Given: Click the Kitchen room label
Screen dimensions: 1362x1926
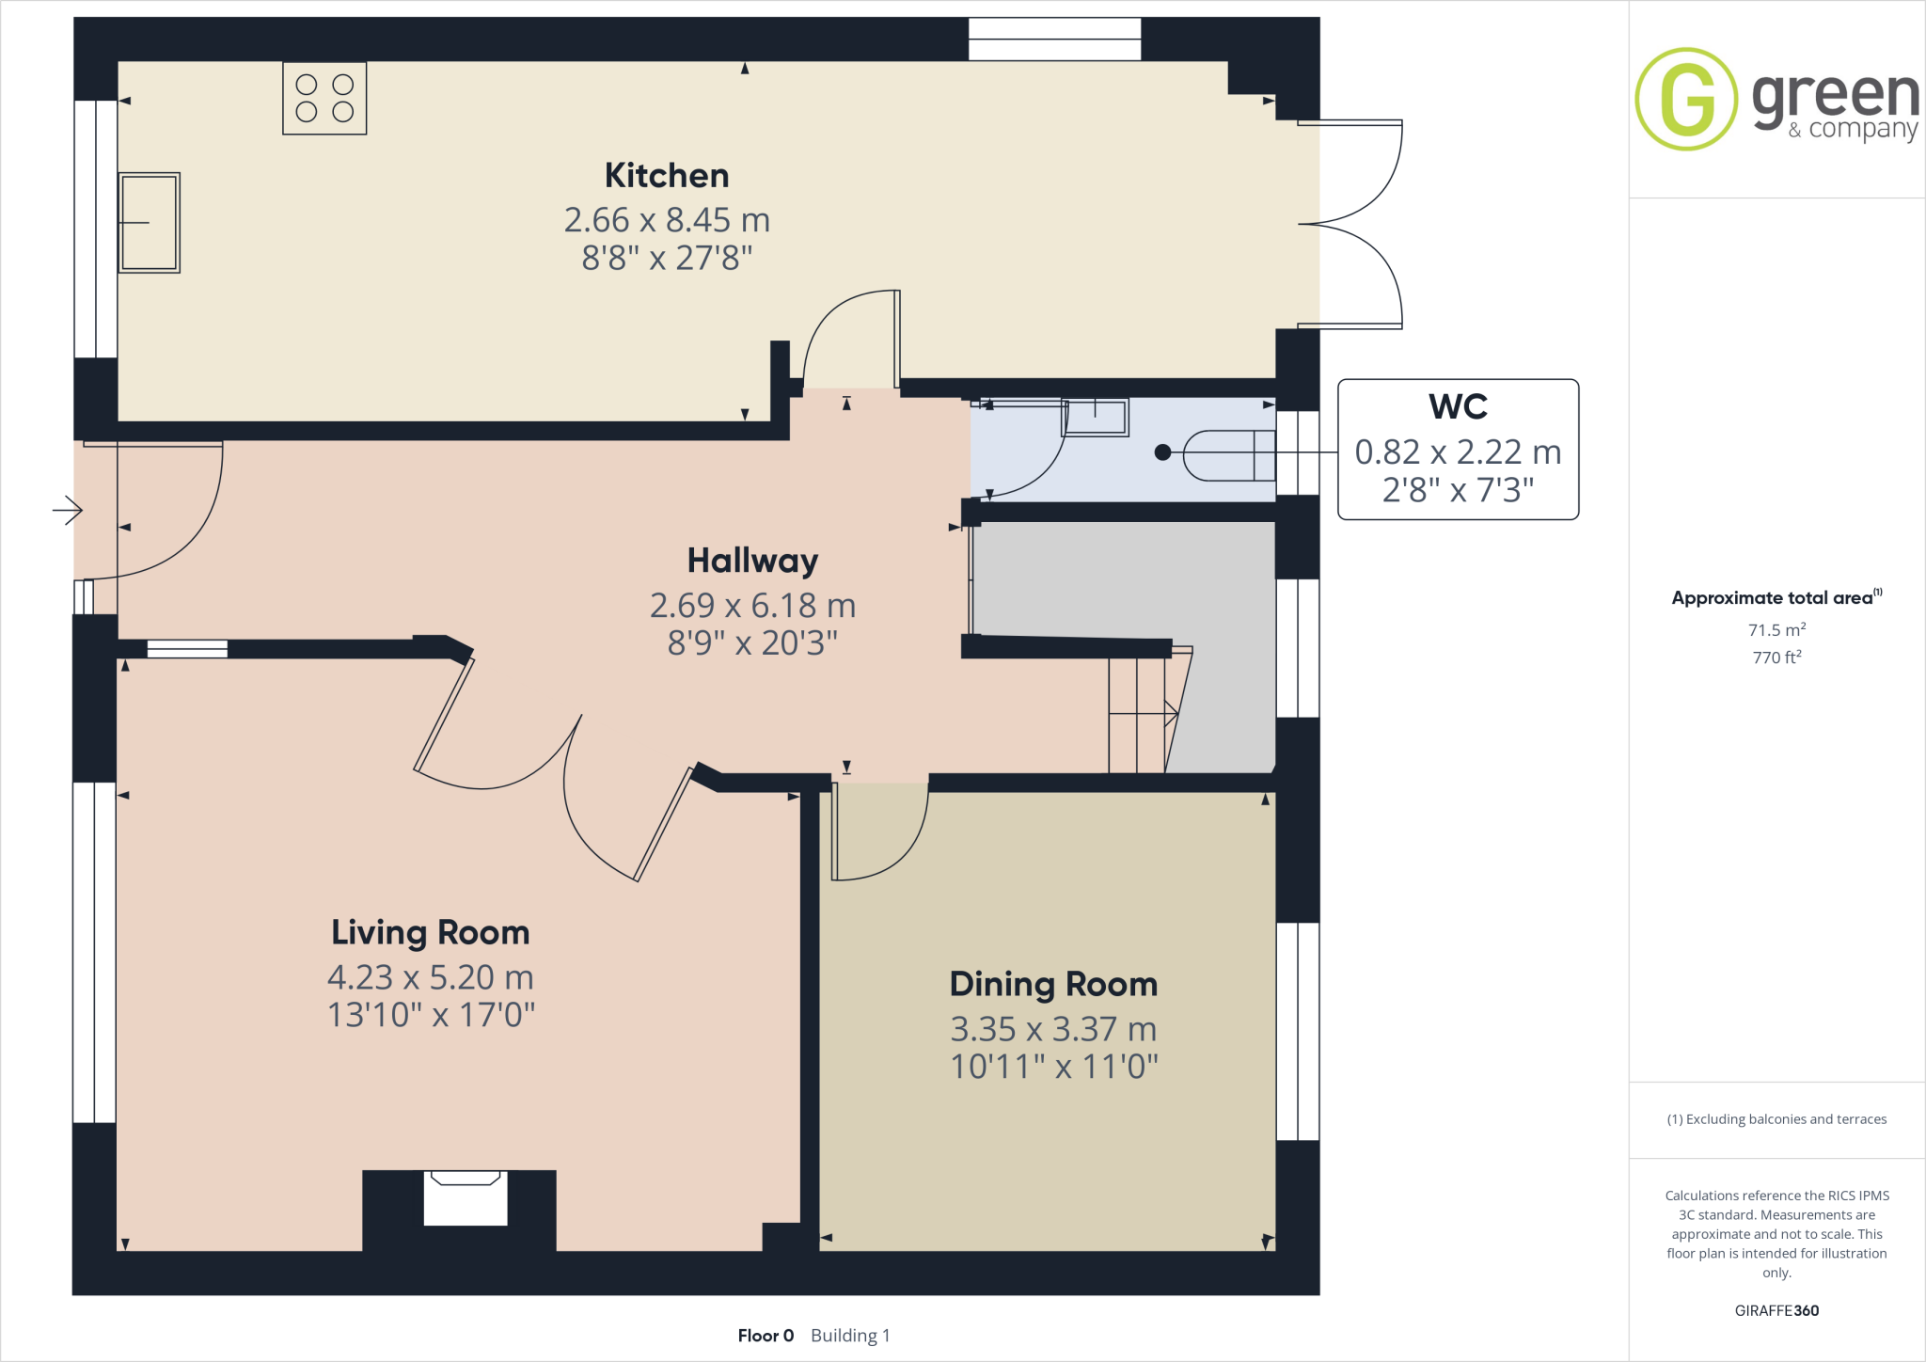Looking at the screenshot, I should click(x=666, y=176).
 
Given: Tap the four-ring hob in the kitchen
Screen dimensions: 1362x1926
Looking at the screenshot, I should click(x=324, y=98).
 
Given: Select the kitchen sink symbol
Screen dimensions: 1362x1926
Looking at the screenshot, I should click(x=150, y=223).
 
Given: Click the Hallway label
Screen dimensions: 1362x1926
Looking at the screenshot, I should click(x=752, y=561).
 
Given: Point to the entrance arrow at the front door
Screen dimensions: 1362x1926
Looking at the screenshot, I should click(x=68, y=511).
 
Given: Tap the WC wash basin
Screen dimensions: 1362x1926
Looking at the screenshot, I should click(x=1096, y=417).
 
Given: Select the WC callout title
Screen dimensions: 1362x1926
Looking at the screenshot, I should click(x=1458, y=406).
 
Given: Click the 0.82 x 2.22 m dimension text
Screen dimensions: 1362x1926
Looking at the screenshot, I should click(x=1458, y=452).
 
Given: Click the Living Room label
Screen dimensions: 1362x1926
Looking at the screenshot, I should click(x=431, y=932).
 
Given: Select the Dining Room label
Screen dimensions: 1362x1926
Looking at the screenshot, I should click(x=1053, y=984).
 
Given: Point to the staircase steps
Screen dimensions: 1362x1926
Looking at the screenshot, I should click(x=1138, y=715).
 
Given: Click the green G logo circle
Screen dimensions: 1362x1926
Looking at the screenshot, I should click(x=1686, y=99).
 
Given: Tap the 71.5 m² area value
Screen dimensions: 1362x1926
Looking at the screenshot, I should click(x=1776, y=630).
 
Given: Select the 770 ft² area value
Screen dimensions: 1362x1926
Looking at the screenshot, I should click(x=1776, y=657).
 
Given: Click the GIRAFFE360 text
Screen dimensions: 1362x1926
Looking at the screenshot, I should click(x=1776, y=1310).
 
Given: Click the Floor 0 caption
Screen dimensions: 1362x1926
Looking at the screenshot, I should click(x=766, y=1336).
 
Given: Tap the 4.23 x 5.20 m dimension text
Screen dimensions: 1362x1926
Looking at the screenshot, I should click(x=431, y=977).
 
